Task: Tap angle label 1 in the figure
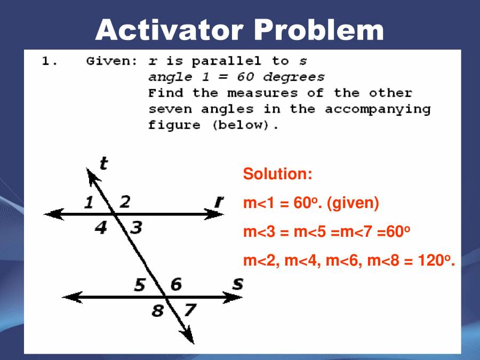pyautogui.click(x=89, y=203)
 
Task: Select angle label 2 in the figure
pyautogui.click(x=124, y=202)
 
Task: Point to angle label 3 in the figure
pyautogui.click(x=137, y=228)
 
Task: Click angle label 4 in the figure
pyautogui.click(x=101, y=228)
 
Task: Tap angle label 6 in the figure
pyautogui.click(x=175, y=285)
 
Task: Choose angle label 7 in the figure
pyautogui.click(x=190, y=309)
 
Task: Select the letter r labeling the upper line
pyautogui.click(x=219, y=202)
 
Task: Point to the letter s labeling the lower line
pyautogui.click(x=237, y=284)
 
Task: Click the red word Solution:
pyautogui.click(x=277, y=174)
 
